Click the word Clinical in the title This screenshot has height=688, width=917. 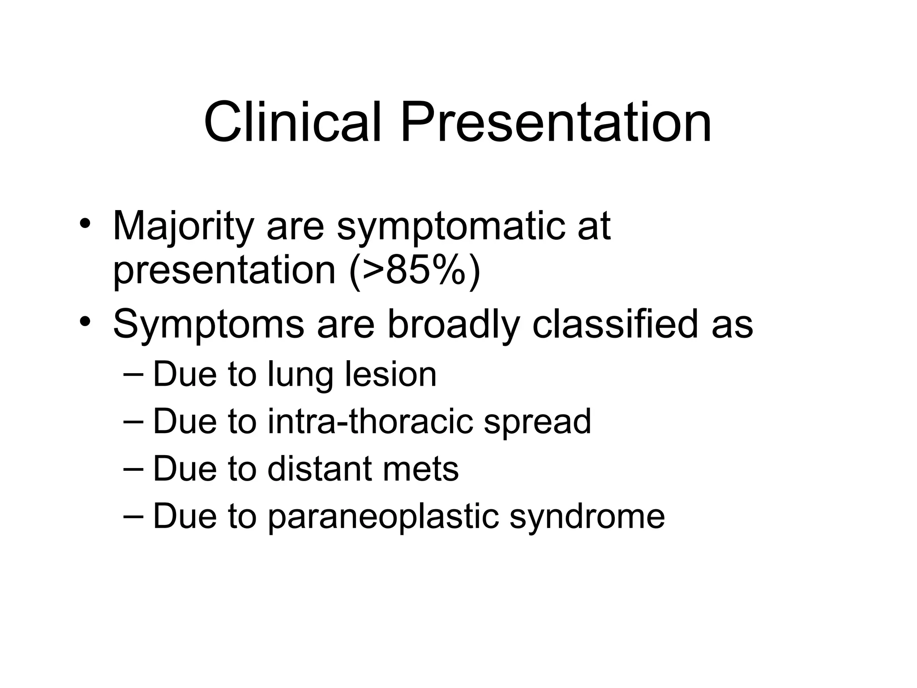point(292,122)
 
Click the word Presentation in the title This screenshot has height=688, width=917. point(556,122)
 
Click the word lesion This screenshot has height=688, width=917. point(390,374)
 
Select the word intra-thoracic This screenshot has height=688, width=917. point(370,421)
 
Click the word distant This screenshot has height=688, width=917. point(319,469)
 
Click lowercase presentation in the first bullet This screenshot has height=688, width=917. point(224,271)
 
